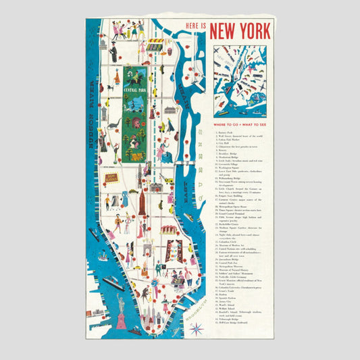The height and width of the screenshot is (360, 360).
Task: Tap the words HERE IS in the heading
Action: point(193,28)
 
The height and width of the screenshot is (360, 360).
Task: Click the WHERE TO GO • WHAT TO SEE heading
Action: point(240,126)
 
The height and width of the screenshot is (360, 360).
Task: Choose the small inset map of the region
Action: point(240,82)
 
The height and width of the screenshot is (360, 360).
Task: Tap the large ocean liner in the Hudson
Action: point(114,283)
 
